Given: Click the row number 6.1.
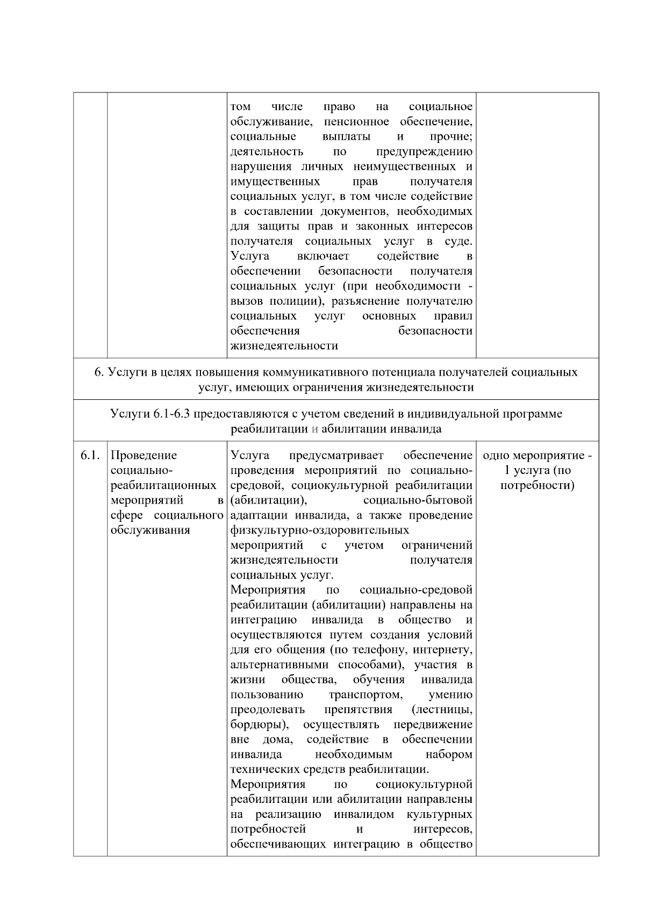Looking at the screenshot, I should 90,456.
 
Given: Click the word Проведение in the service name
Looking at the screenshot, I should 144,456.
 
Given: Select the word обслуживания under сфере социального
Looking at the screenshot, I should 150,530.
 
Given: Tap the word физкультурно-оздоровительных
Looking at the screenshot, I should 319,530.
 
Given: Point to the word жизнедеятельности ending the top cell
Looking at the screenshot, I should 284,346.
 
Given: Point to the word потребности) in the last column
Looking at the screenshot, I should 537,486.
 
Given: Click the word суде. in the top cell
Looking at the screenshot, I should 459,241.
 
